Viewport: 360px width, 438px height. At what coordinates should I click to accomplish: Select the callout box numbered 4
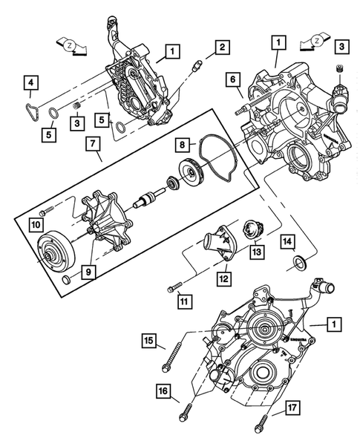[30, 82]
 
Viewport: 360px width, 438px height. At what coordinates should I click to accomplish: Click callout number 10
[36, 223]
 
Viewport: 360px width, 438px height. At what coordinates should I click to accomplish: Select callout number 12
[222, 279]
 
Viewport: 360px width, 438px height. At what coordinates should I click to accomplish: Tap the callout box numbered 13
[256, 253]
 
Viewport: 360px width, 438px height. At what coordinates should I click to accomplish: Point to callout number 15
[149, 341]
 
